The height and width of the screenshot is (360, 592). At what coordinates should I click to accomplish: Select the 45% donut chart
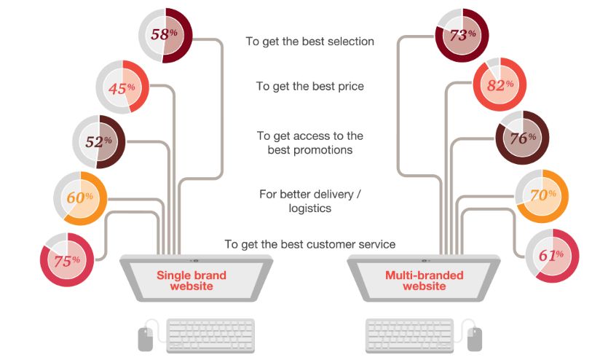(x=122, y=87)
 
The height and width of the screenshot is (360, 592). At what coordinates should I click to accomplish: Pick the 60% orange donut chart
(x=80, y=197)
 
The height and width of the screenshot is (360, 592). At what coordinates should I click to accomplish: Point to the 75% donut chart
(x=67, y=259)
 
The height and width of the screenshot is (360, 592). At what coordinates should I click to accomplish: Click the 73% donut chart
(x=462, y=34)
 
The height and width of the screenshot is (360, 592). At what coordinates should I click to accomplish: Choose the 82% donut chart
(x=500, y=85)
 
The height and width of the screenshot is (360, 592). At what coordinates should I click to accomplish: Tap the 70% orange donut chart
(x=542, y=195)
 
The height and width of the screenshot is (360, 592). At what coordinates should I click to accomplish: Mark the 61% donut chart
(x=552, y=255)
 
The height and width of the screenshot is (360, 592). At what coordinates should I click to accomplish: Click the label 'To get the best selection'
(x=309, y=42)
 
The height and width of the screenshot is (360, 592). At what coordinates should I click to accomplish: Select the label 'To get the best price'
(x=309, y=86)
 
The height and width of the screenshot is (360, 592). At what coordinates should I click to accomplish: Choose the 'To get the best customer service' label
(x=309, y=244)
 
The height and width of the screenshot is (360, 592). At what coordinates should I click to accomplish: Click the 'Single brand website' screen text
(x=192, y=281)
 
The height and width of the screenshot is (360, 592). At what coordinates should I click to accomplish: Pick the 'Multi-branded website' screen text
(x=415, y=281)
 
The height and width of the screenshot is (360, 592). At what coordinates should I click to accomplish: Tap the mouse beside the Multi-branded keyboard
(x=475, y=337)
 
